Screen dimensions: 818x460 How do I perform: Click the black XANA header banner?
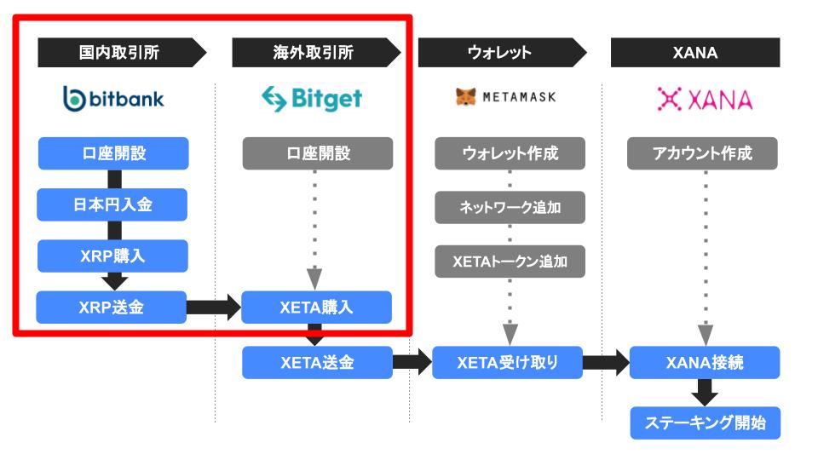tap(695, 52)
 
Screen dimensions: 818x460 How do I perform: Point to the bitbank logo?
tap(113, 99)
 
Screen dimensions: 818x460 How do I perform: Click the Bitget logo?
tap(312, 99)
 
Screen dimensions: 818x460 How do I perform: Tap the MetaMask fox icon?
tap(465, 96)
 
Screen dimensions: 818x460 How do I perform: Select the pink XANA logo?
tap(705, 99)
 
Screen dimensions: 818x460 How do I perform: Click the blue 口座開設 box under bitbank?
tap(113, 153)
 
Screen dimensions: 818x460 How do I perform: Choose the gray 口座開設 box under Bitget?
tap(318, 153)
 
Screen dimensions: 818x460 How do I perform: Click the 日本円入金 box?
tap(112, 204)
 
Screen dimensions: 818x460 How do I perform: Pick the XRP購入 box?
tap(112, 256)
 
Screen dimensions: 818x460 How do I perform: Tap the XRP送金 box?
tap(111, 308)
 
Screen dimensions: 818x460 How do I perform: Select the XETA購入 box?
tap(316, 308)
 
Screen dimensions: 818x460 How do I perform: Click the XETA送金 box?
tap(317, 363)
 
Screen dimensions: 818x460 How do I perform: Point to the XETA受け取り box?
tap(508, 363)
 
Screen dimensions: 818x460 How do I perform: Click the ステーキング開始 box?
tap(706, 423)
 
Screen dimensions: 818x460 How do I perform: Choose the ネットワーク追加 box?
tap(510, 208)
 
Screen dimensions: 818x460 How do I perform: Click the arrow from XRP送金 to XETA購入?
tap(214, 308)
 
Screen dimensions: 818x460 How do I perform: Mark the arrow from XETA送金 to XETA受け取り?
tap(412, 363)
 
